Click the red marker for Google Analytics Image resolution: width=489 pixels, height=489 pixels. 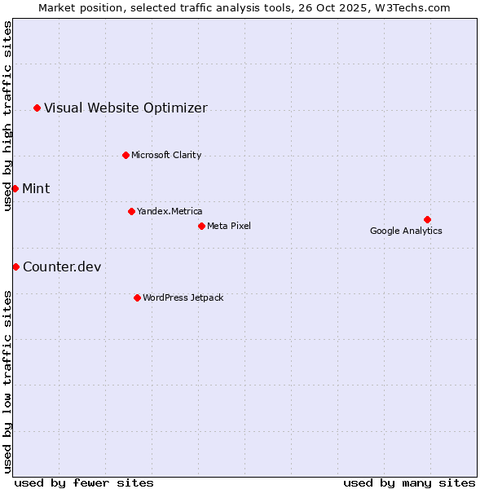tap(427, 219)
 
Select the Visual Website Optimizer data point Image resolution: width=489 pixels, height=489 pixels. tap(37, 108)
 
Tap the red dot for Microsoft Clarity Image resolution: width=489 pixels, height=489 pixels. tap(126, 155)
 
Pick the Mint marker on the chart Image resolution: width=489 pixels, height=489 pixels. tap(15, 188)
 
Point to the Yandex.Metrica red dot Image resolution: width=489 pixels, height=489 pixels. tap(131, 211)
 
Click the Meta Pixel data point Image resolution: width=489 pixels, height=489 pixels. tap(201, 226)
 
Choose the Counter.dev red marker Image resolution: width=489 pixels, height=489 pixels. tap(15, 267)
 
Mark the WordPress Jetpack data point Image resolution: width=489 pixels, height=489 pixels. tap(137, 297)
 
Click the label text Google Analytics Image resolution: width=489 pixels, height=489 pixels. tap(406, 231)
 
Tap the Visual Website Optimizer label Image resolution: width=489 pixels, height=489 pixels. tap(126, 108)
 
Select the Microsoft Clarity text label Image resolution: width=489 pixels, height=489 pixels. tap(166, 155)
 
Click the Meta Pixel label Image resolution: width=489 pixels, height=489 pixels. tap(229, 226)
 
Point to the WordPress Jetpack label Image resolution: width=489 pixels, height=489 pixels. tap(183, 297)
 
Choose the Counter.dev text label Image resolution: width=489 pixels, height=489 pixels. tap(62, 267)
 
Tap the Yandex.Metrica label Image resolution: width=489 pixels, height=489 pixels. tap(170, 211)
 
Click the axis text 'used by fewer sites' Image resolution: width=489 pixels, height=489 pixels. tap(84, 482)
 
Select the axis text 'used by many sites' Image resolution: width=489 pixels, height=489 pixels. tap(409, 482)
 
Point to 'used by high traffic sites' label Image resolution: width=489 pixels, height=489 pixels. tap(8, 116)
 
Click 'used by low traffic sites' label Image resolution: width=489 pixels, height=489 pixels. tap(8, 381)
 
